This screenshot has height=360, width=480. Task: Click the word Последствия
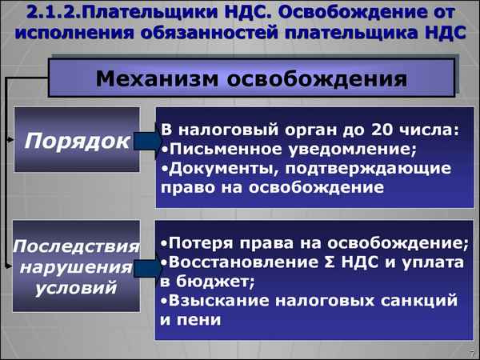(78, 246)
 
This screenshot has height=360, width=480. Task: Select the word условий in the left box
(77, 286)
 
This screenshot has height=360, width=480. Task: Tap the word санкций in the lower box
(419, 301)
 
